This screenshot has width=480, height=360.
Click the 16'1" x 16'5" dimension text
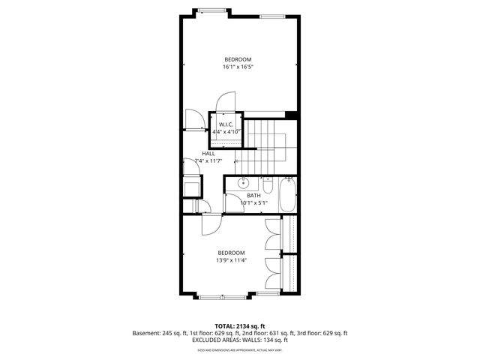[x=237, y=67]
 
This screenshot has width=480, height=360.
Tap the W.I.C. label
[x=226, y=124]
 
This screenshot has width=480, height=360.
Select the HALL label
[x=208, y=153]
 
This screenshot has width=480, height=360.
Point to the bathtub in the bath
[x=288, y=194]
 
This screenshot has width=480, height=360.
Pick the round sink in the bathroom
[x=243, y=183]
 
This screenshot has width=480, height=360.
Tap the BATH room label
[x=254, y=196]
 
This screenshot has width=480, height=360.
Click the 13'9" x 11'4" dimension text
[x=232, y=260]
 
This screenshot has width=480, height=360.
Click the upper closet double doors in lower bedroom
[x=273, y=234]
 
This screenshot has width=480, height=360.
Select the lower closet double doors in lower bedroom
[x=273, y=275]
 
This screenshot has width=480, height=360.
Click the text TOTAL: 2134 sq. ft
[x=240, y=326]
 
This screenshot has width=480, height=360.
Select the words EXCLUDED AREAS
[x=215, y=340]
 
